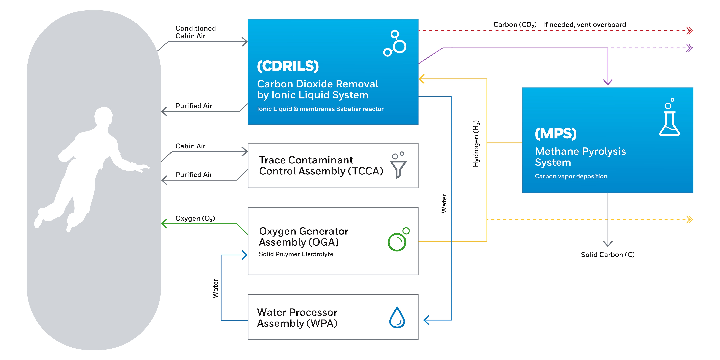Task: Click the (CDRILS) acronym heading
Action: (288, 66)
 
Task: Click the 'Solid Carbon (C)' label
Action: (608, 255)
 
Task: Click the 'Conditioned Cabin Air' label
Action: (196, 32)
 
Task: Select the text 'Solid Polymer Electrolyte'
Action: (296, 254)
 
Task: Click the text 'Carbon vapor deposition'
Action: (571, 176)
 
